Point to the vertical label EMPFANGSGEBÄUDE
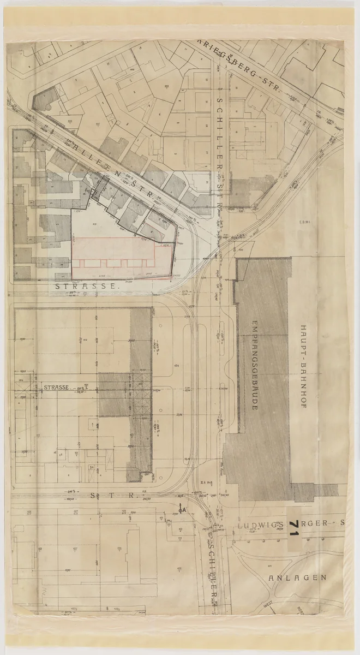(x=255, y=366)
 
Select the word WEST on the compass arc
(x=267, y=604)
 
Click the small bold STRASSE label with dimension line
(x=57, y=387)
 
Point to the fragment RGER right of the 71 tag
(x=317, y=523)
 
